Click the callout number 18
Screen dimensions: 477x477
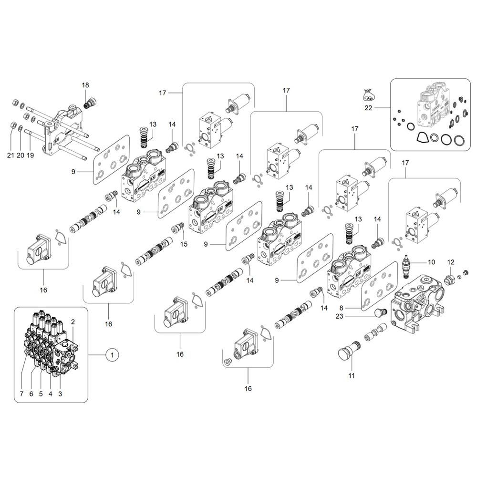point(85,85)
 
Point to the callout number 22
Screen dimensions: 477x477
point(368,108)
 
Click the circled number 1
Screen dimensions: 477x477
point(112,354)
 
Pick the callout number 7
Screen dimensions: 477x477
point(21,394)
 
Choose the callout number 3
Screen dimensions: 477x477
point(60,394)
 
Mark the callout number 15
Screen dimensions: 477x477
point(184,245)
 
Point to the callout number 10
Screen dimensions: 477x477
point(431,262)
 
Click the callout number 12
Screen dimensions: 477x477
point(451,262)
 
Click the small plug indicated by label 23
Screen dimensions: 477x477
point(380,313)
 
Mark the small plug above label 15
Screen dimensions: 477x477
point(181,226)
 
